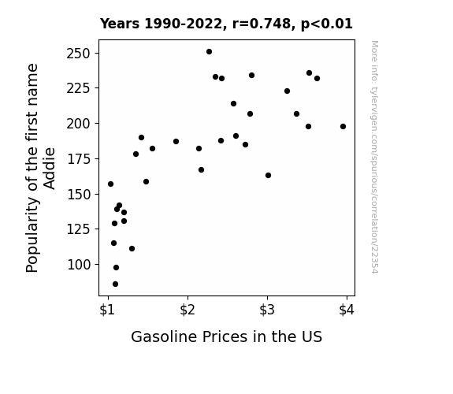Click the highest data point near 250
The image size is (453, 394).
[209, 52]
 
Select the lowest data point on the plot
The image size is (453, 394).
[115, 284]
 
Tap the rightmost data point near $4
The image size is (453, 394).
[343, 126]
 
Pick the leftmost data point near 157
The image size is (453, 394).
[110, 184]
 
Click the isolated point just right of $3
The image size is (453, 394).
[268, 175]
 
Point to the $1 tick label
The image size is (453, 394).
[107, 310]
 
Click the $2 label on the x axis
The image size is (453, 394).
[188, 310]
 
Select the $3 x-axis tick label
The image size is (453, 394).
[267, 310]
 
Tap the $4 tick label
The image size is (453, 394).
[347, 310]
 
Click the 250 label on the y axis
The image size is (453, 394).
[79, 54]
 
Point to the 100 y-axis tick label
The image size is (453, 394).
[79, 265]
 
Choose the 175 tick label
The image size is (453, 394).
[79, 159]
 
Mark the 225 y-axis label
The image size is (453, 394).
[79, 88]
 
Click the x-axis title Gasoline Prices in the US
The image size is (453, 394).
[227, 336]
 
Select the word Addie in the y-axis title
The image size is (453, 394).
[50, 169]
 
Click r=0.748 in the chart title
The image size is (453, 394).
[262, 24]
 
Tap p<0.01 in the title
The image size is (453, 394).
[327, 24]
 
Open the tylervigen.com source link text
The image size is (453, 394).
[374, 157]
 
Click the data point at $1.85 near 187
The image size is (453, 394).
[176, 141]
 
